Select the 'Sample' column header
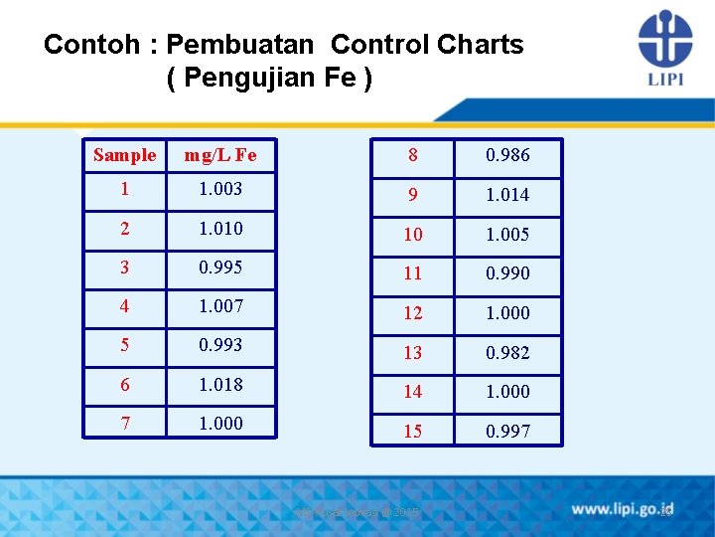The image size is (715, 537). coord(124,154)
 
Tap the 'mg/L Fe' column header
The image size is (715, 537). coord(220,154)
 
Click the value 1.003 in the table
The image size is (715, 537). coord(220,188)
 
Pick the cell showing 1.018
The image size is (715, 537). coord(220,384)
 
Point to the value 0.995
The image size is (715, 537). coord(220,267)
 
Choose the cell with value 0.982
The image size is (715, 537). coord(507,352)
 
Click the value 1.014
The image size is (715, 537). coord(507,195)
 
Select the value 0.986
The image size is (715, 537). coord(507,155)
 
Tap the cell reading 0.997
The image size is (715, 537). coord(507,431)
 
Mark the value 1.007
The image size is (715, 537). coord(220,305)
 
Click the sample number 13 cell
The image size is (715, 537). coord(412,352)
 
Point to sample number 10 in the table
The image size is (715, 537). coord(412,235)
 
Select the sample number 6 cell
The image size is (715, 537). coord(124,384)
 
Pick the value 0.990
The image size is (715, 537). coord(507,273)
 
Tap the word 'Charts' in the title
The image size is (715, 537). coord(481,45)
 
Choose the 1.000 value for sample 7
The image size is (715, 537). coord(220,423)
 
